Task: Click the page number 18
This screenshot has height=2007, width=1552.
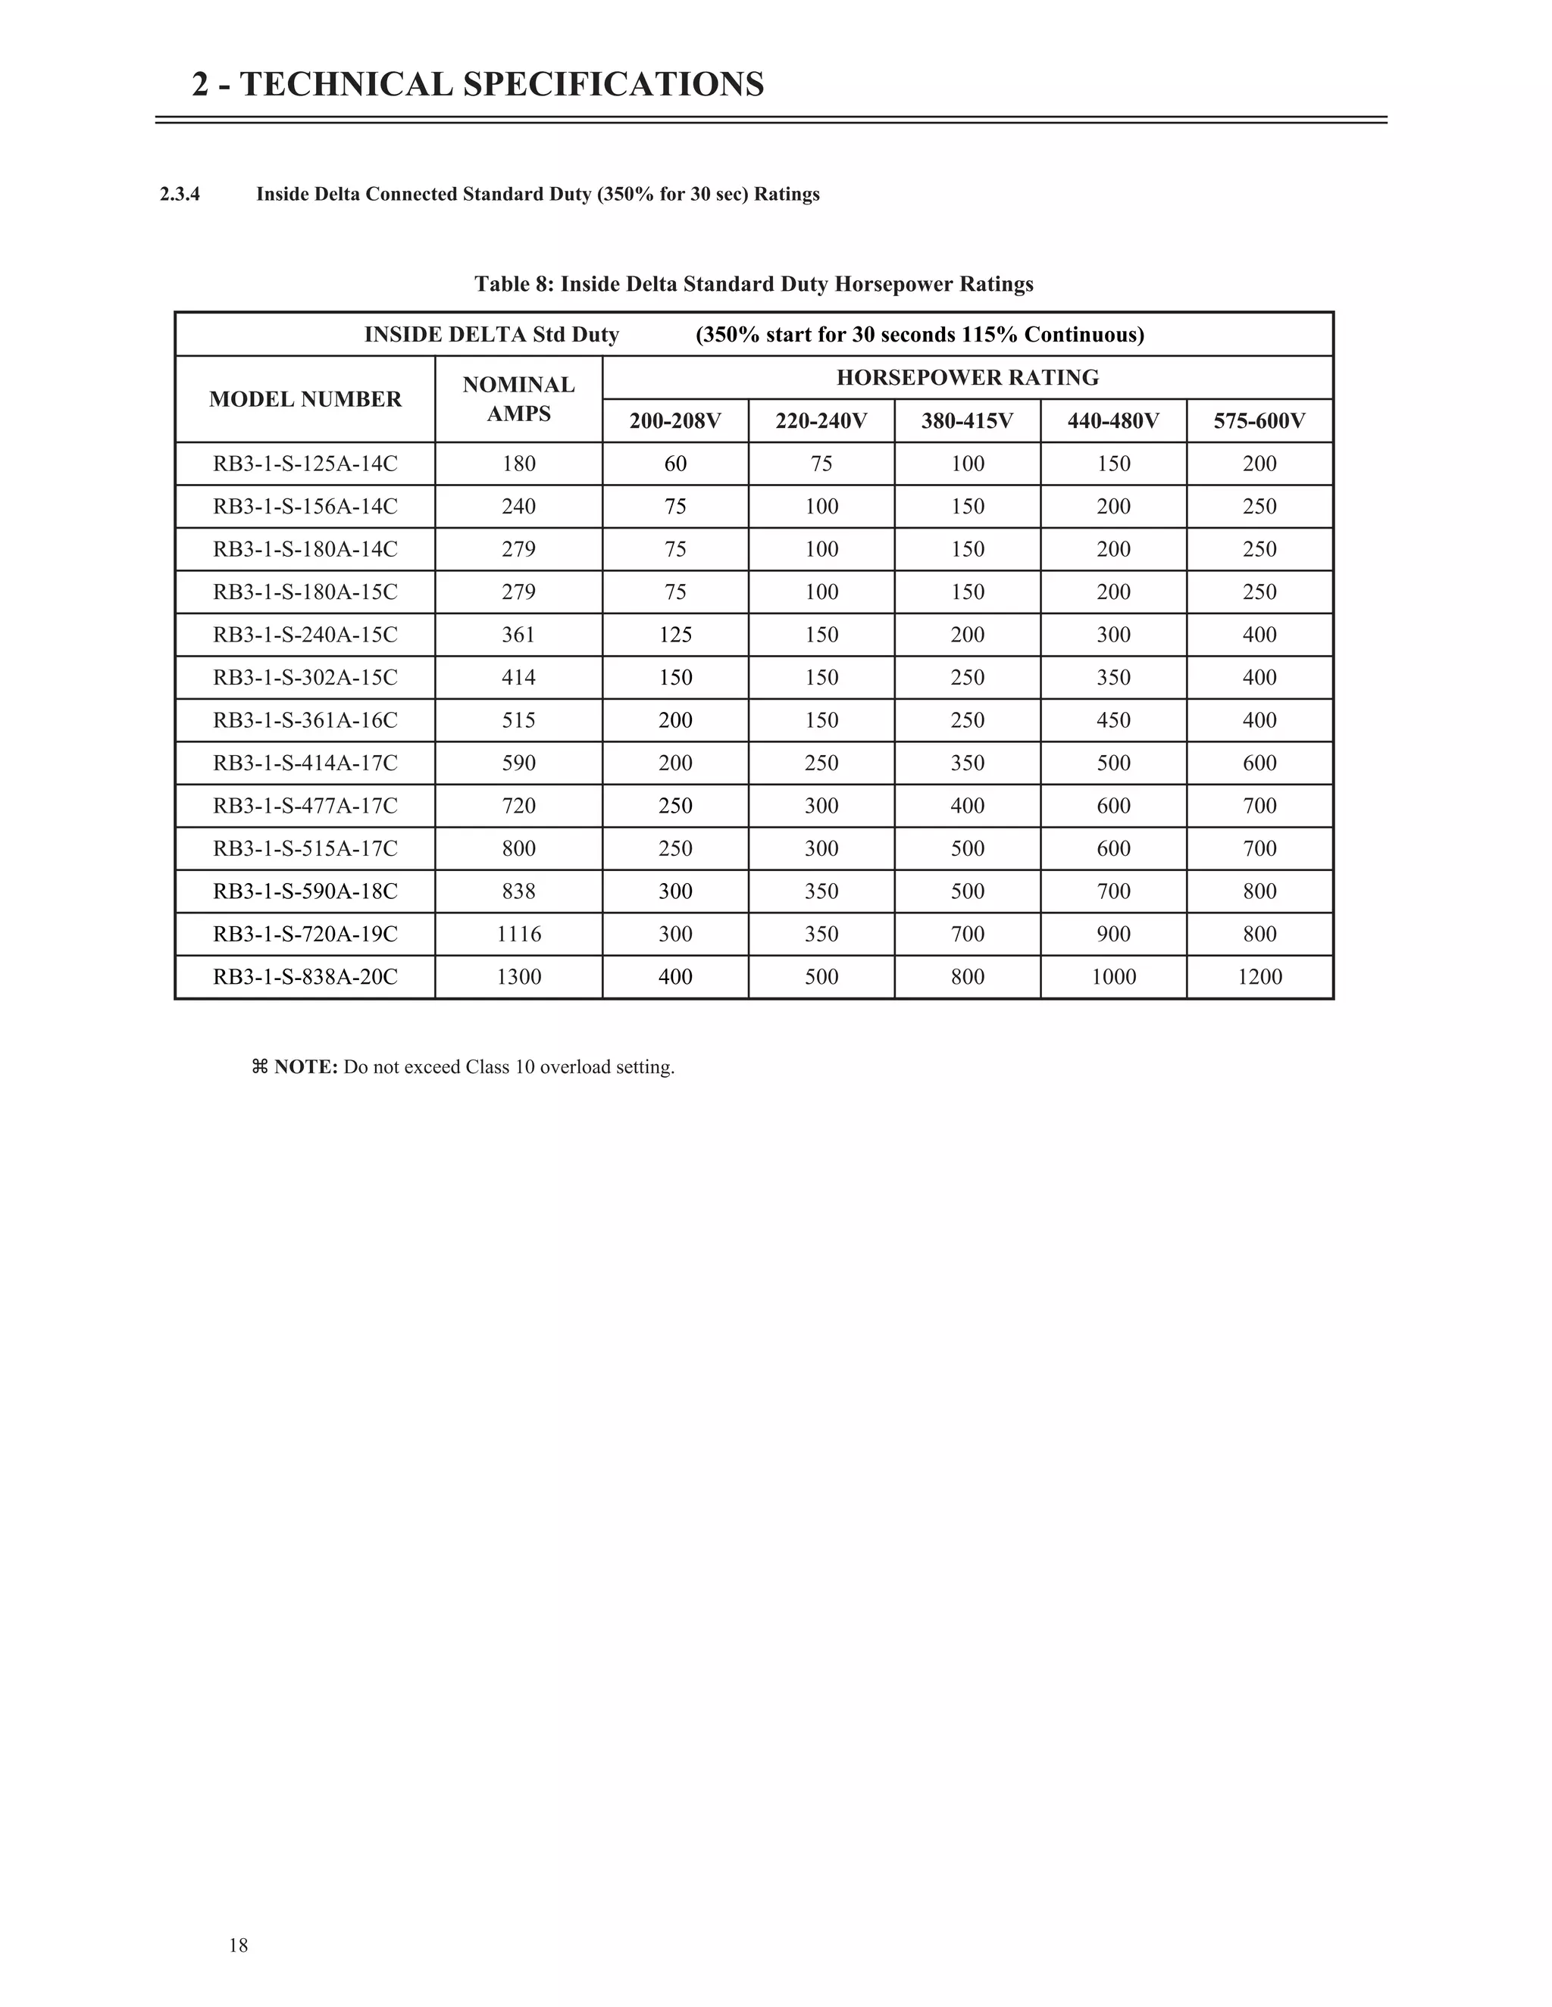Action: [x=238, y=1944]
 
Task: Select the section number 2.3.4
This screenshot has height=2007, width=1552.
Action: [x=180, y=195]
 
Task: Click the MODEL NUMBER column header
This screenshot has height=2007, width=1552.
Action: [x=305, y=399]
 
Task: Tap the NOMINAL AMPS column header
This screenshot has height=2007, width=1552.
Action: [x=518, y=399]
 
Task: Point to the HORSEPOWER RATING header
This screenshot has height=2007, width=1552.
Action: [x=967, y=378]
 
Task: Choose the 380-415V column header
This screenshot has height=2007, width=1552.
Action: [x=967, y=421]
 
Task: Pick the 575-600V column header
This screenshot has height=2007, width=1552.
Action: [x=1259, y=421]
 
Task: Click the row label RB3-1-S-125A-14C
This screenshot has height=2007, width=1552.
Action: [x=305, y=464]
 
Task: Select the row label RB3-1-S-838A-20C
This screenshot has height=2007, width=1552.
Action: [x=305, y=977]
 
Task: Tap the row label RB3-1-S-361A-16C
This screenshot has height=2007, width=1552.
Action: [x=305, y=720]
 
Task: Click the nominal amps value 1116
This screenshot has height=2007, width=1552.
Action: [x=518, y=935]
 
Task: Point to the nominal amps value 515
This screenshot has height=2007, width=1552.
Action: [x=518, y=720]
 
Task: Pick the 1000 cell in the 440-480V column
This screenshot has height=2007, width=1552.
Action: [x=1113, y=977]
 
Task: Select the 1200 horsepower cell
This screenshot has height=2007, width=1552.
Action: [x=1259, y=977]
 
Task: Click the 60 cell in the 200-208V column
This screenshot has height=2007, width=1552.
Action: [x=675, y=464]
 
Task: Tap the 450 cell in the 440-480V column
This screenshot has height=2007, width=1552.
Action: [x=1113, y=720]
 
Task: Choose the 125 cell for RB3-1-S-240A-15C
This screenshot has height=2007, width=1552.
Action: [x=675, y=635]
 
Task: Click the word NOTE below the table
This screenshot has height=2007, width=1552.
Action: [x=305, y=1067]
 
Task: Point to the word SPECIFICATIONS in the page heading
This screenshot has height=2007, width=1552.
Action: [x=613, y=85]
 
